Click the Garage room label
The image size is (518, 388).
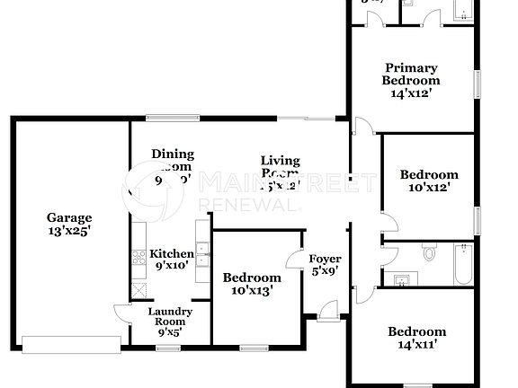tap(69, 217)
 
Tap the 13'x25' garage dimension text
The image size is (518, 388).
tap(69, 232)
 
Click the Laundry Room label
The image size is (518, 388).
tap(170, 316)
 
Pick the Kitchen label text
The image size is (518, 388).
tap(172, 253)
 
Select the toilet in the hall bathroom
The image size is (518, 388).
tap(429, 254)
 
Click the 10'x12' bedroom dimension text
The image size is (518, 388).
tap(428, 188)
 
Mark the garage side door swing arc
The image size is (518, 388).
tap(123, 310)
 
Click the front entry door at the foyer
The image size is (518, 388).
tap(327, 312)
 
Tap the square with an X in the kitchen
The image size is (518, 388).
tap(139, 289)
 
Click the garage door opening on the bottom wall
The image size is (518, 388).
tap(71, 343)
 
